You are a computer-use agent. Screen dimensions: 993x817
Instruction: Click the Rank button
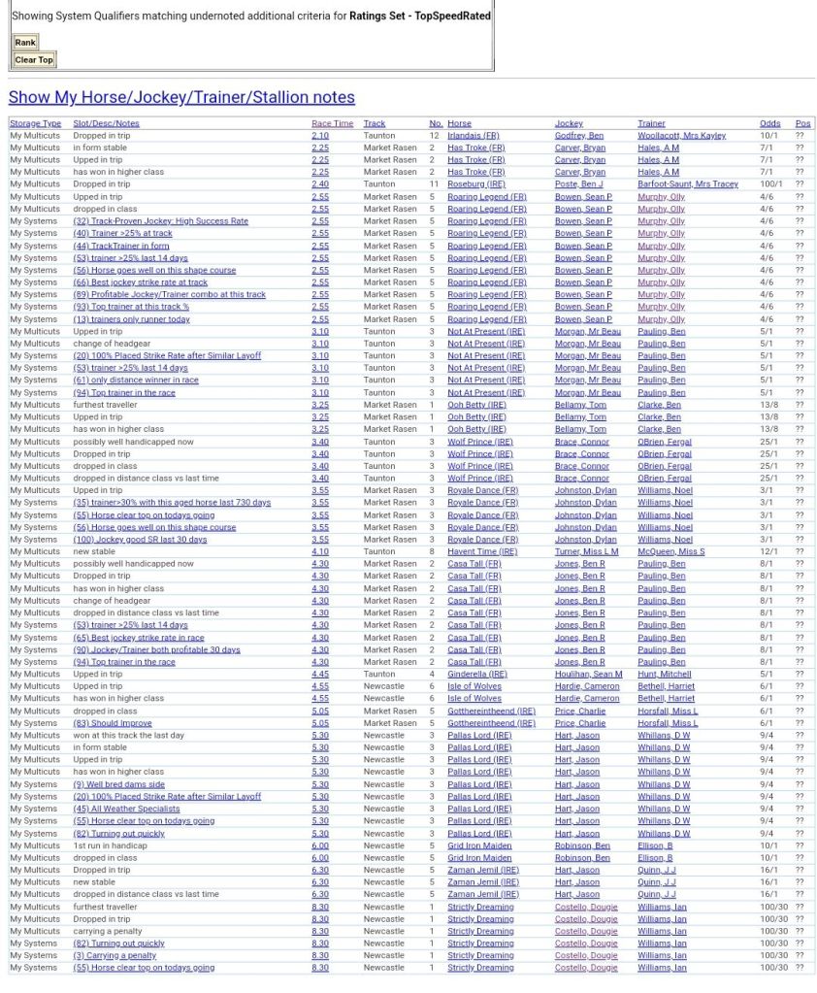[x=25, y=42]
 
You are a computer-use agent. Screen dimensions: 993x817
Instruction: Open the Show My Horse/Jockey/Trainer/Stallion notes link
[x=181, y=97]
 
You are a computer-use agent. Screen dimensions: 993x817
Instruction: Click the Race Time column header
[x=332, y=123]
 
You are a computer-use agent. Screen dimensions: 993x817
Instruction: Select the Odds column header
[x=769, y=123]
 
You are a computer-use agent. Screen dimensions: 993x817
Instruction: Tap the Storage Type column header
[x=35, y=123]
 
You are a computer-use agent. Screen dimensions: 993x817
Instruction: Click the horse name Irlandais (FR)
[x=474, y=136]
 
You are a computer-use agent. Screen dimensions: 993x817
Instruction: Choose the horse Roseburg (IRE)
[x=475, y=184]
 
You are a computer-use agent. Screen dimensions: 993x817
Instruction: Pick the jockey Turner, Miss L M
[x=586, y=551]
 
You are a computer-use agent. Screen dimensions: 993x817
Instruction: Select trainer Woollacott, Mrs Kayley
[x=681, y=136]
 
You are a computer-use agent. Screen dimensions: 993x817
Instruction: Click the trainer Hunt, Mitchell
[x=665, y=674]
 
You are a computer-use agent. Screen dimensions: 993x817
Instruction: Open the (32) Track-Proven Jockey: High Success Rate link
[x=160, y=221]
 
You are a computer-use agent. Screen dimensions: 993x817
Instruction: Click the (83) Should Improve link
[x=113, y=723]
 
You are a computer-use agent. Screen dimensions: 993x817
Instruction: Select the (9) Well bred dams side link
[x=118, y=784]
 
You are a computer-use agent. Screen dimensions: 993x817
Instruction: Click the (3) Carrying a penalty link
[x=114, y=955]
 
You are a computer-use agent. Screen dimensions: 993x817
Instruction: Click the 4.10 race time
[x=319, y=551]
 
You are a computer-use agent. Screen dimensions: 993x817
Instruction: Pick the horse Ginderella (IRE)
[x=476, y=674]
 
